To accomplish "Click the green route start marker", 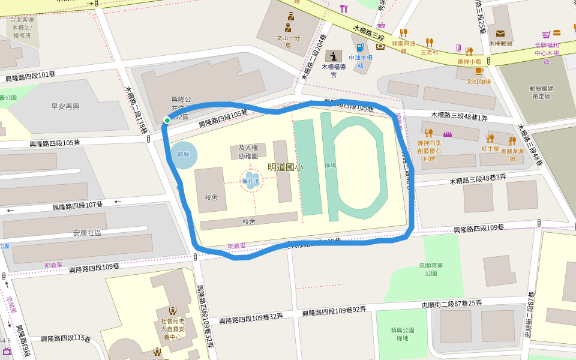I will pos(167,121).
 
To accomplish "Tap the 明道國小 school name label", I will pos(285,167).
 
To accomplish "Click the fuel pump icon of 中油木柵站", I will pos(360,47).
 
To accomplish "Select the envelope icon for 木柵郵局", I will pos(500,34).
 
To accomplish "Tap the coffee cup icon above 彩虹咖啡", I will pos(478,71).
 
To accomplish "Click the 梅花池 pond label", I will pos(251,181).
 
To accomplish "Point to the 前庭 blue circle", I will pos(183,154).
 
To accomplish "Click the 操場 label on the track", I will pos(330,165).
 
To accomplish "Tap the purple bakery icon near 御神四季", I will pos(447,133).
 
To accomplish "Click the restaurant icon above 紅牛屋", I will pos(490,139).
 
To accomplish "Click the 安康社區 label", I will pos(88,233).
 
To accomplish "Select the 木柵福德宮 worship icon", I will pos(334,56).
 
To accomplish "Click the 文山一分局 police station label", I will pos(287,41).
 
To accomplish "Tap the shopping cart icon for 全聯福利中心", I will pos(546,35).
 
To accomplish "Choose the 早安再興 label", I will pos(65,107).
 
